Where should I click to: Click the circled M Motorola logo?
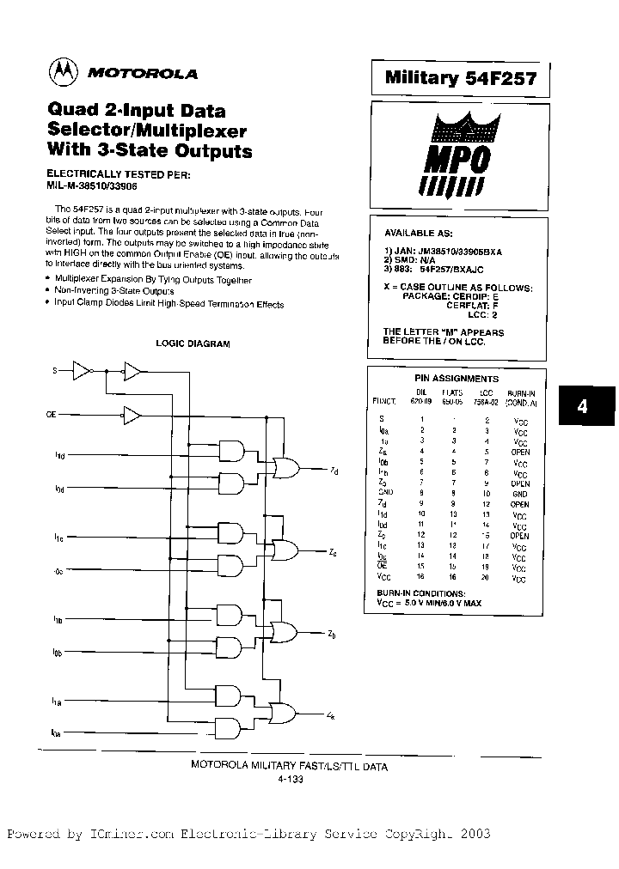tap(61, 74)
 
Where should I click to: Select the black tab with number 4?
tap(582, 407)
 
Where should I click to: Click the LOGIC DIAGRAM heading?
tap(193, 343)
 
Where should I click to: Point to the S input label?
tap(55, 370)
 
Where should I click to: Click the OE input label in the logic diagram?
tap(52, 415)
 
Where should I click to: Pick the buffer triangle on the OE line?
tap(133, 415)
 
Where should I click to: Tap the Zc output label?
tap(333, 552)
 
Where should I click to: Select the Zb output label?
tap(332, 635)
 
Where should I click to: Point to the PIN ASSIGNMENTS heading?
tap(457, 378)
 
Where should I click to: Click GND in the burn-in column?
tap(519, 494)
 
